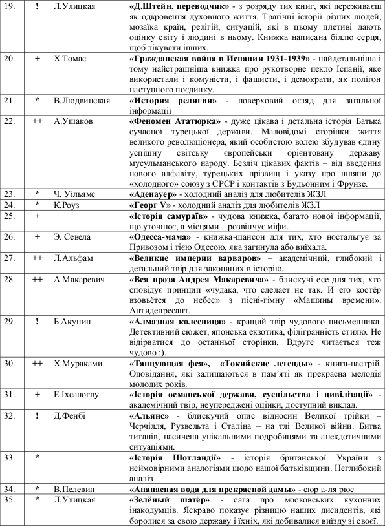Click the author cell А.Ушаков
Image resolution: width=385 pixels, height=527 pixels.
[x=71, y=121]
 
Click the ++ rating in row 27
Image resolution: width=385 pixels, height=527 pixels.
[x=38, y=257]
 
